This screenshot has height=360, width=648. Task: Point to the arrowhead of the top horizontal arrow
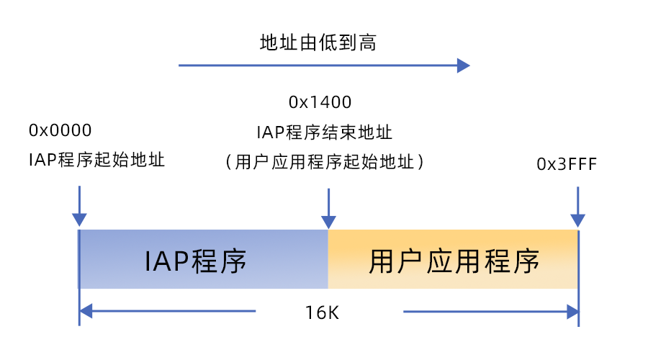464,66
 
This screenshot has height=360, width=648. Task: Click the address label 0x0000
60,130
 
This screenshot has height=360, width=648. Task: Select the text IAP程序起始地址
96,159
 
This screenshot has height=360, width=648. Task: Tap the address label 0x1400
320,102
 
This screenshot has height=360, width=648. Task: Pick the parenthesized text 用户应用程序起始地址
325,162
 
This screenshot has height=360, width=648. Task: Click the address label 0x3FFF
567,164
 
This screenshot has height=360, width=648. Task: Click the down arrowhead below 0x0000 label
79,220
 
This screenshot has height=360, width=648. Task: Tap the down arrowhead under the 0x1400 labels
328,220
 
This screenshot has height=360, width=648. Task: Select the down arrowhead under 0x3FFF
577,220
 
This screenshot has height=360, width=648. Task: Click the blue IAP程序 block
204,259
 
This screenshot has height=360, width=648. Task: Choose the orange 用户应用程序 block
453,259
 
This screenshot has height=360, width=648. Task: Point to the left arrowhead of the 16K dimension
86,311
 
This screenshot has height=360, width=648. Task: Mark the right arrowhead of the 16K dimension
572,312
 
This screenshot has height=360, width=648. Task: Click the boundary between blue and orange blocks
328,259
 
